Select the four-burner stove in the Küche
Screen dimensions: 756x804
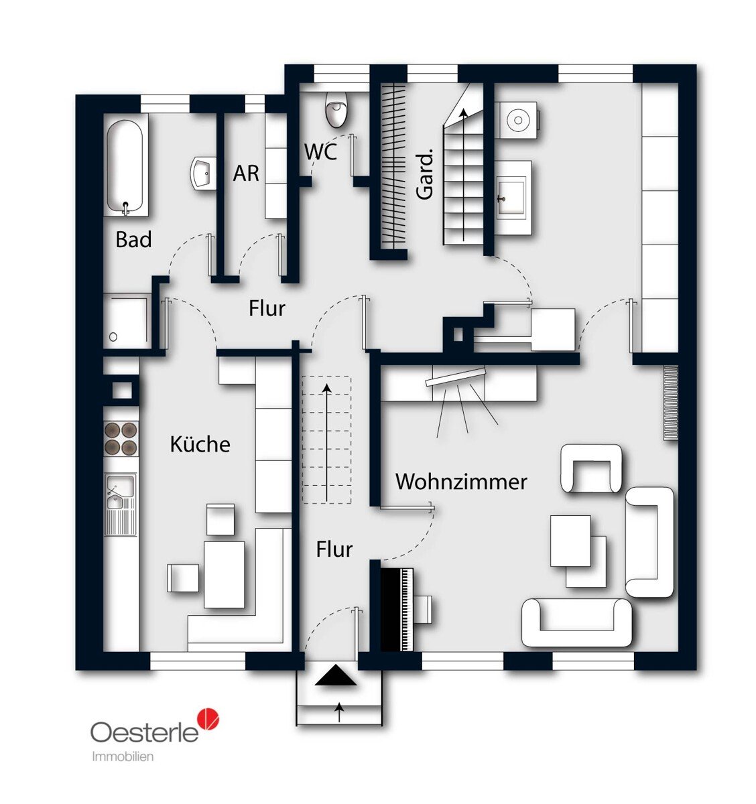pos(121,438)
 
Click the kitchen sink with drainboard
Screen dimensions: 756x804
pos(120,503)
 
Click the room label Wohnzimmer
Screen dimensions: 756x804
pos(461,482)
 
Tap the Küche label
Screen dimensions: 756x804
pos(200,444)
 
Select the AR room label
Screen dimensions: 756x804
pos(245,174)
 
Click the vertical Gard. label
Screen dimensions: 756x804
pos(425,174)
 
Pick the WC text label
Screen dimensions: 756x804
pos(320,152)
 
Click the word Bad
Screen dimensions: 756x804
pos(133,239)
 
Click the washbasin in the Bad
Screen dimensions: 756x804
pos(202,174)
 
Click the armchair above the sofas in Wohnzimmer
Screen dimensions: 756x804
pos(591,469)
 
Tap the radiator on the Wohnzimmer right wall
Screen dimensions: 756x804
pos(670,403)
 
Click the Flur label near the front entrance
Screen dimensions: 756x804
pos(334,549)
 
